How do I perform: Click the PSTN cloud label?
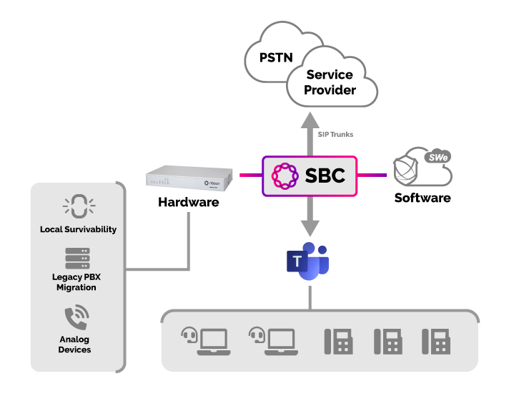tap(276, 58)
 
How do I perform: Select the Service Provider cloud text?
tap(330, 82)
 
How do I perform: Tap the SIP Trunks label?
tap(335, 135)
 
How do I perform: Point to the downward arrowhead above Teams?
tap(309, 228)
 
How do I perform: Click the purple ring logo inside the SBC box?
tap(285, 175)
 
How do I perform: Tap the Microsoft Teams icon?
tap(308, 261)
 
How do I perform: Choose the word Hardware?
tap(188, 203)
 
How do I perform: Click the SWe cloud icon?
tap(423, 167)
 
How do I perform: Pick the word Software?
tap(422, 198)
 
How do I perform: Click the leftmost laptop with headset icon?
tap(205, 341)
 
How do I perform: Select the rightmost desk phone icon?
tap(436, 341)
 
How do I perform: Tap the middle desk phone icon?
tap(388, 341)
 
